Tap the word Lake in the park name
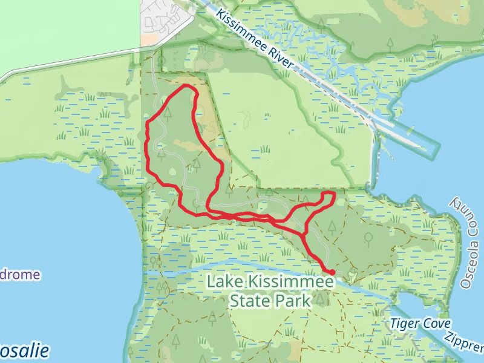227,282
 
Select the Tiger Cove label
420,324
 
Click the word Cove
437,324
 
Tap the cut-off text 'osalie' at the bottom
24,352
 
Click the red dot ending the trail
332,272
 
